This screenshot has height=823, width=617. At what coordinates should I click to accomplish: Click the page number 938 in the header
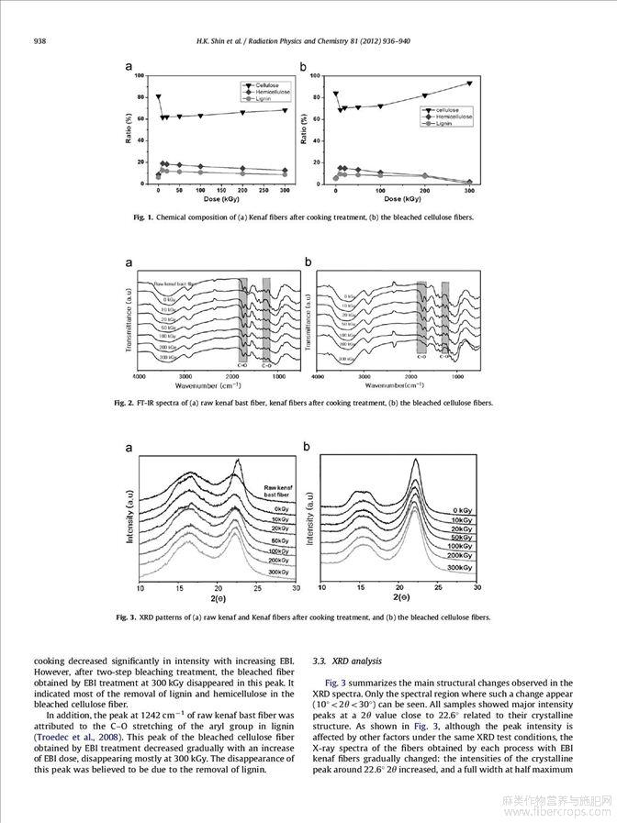[39, 40]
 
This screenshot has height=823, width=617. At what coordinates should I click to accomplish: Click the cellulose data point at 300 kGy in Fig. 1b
[469, 83]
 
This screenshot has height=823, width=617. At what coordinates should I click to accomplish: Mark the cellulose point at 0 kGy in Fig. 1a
[158, 96]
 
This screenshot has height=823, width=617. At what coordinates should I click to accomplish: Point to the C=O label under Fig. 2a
[242, 365]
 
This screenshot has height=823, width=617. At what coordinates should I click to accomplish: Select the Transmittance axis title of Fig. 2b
[308, 317]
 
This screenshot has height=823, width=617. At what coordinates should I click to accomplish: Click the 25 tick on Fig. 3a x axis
[258, 586]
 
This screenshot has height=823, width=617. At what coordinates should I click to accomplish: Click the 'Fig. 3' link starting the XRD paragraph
[336, 683]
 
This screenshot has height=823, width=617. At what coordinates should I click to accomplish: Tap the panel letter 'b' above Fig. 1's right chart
[304, 67]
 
